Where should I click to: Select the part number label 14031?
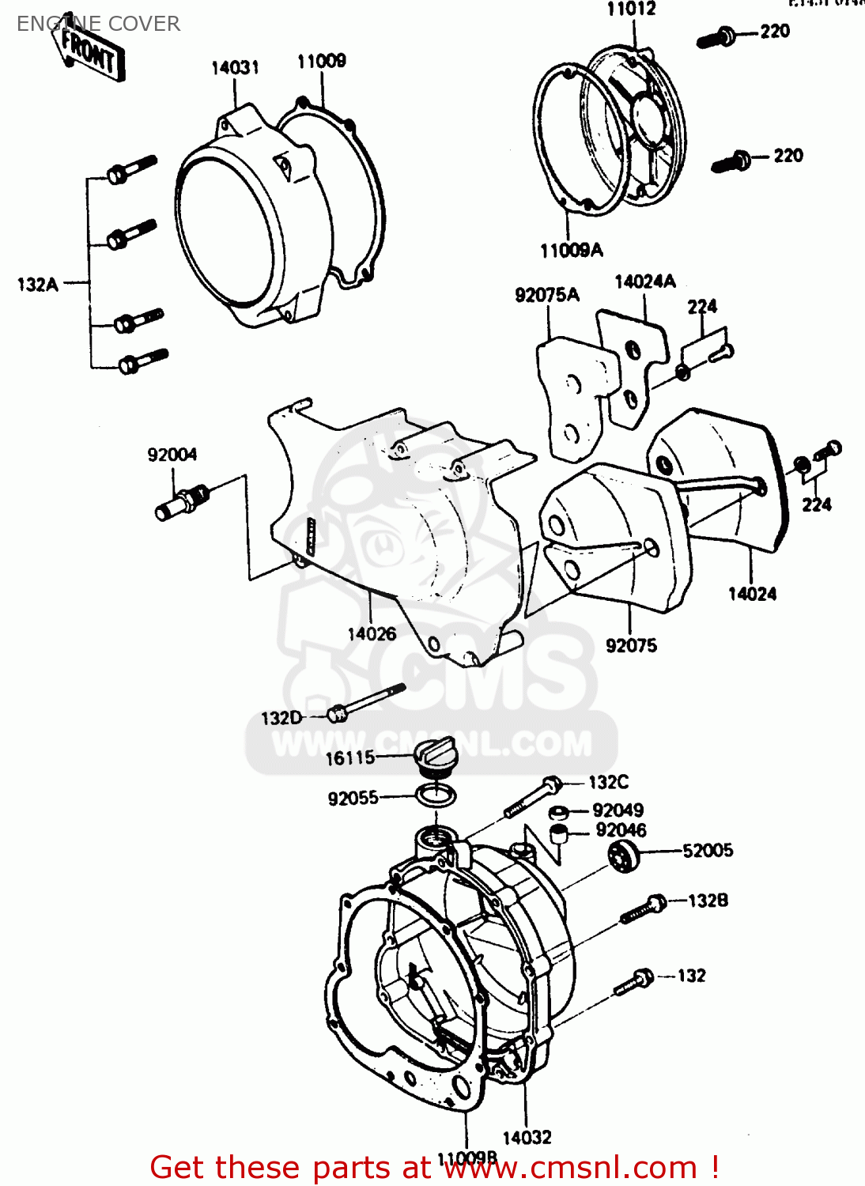[235, 68]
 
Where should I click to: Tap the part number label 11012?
[631, 9]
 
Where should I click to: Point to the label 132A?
[38, 285]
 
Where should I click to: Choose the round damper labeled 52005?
[623, 856]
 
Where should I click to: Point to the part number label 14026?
[372, 634]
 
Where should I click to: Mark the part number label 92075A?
[547, 296]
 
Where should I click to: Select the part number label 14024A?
[645, 282]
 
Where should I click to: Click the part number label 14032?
[527, 1138]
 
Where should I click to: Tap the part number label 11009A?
[571, 251]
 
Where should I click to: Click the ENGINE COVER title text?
[98, 25]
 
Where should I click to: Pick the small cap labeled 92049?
[558, 812]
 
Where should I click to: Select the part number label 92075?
[631, 646]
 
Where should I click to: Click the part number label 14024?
[752, 594]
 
